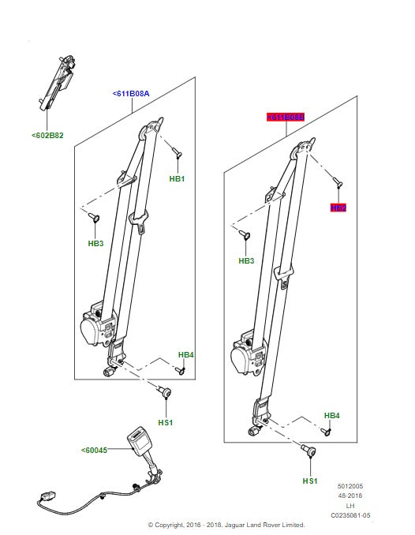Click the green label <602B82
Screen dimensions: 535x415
point(48,135)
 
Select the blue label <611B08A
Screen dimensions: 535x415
point(130,93)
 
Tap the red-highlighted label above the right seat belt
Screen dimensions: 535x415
point(285,117)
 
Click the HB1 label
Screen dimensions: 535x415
point(177,179)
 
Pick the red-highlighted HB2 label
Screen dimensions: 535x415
point(338,208)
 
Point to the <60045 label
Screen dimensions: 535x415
point(95,451)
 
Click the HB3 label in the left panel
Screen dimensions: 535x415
point(95,244)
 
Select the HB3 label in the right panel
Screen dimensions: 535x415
point(246,260)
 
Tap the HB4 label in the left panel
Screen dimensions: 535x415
point(185,354)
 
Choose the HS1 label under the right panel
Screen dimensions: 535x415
point(309,481)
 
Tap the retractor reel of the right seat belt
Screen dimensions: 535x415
point(247,357)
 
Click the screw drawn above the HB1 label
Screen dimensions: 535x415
point(176,153)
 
